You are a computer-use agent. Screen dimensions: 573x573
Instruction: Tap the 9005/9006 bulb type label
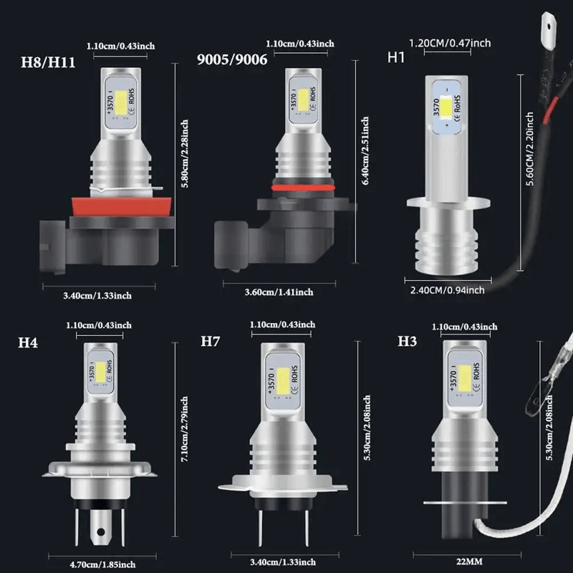[231, 60]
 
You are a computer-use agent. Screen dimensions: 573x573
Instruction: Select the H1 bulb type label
[396, 57]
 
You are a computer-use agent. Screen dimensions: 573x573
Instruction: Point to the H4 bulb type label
[28, 342]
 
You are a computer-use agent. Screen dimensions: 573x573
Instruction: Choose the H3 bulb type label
[407, 341]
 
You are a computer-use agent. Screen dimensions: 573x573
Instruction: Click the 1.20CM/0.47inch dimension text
[448, 44]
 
